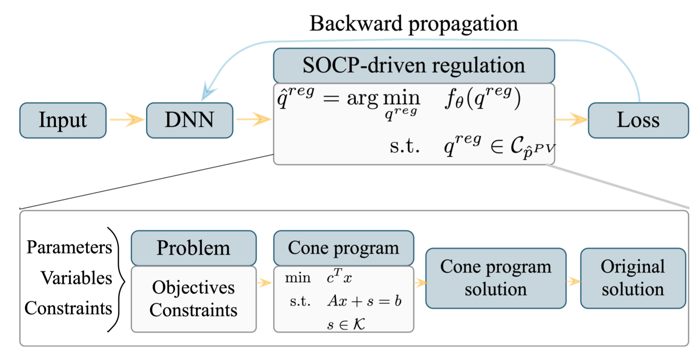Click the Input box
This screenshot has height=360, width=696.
coord(63,120)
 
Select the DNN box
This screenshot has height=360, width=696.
coord(189,120)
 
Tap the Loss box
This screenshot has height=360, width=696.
coord(638,120)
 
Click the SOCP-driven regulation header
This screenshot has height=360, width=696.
coord(413,66)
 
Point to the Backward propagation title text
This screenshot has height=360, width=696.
coord(413,23)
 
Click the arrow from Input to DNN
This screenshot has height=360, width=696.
coord(127,120)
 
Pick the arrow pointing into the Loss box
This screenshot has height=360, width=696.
coord(572,120)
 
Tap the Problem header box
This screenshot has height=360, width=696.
coord(194,248)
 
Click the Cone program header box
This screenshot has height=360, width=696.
coord(343,248)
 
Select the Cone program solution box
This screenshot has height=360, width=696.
coord(495,278)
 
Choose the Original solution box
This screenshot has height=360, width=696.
coord(633,278)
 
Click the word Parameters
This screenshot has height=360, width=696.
coord(69,247)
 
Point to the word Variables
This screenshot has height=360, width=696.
coord(76,278)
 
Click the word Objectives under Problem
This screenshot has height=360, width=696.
coord(194,287)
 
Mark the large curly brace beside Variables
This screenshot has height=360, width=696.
coord(119,279)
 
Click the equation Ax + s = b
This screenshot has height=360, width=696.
coord(364,301)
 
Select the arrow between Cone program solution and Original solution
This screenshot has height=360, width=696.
coord(573,281)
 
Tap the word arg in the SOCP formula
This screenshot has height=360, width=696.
coord(362,99)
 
